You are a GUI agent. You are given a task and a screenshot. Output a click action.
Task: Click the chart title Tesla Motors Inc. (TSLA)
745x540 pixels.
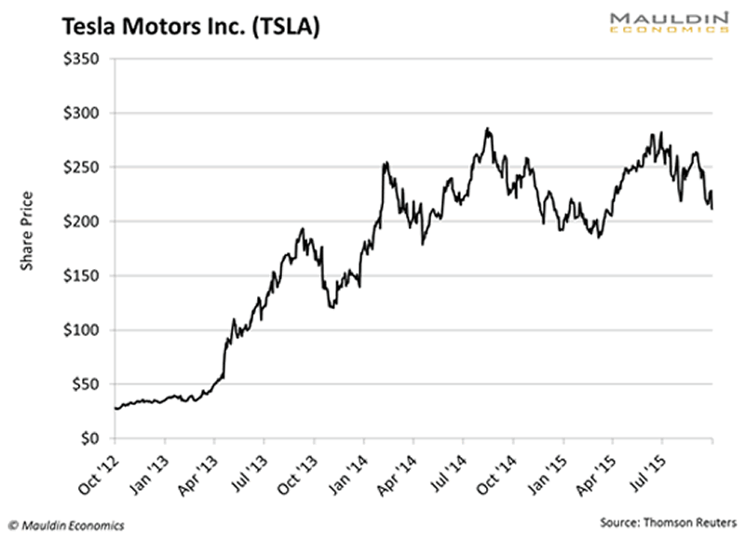point(192,27)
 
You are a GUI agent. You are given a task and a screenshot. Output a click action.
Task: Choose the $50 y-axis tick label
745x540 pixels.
point(85,384)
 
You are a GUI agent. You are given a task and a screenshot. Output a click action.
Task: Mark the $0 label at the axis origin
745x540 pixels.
point(88,438)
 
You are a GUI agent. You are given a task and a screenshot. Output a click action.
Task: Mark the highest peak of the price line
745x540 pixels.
point(487,128)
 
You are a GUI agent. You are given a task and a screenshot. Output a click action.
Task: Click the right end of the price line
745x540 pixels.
point(712,209)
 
